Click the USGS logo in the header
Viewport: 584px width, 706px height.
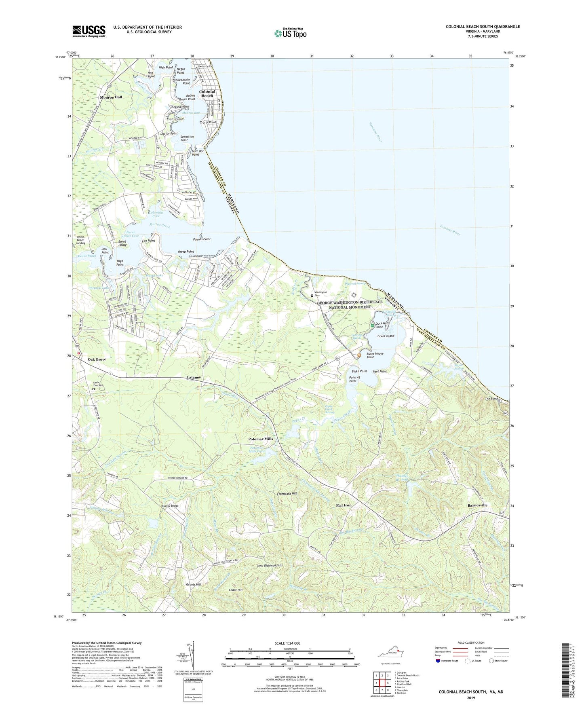[89, 31]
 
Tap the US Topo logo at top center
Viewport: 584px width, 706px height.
[290, 33]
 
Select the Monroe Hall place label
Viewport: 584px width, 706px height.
[111, 97]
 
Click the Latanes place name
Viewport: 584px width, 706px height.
[194, 377]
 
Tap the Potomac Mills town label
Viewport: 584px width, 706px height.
[261, 439]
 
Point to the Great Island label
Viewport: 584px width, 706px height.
[386, 336]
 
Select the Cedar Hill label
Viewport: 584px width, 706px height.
[235, 590]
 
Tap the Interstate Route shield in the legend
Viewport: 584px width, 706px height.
[439, 661]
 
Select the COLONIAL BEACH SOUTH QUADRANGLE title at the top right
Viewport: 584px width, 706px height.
[483, 27]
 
